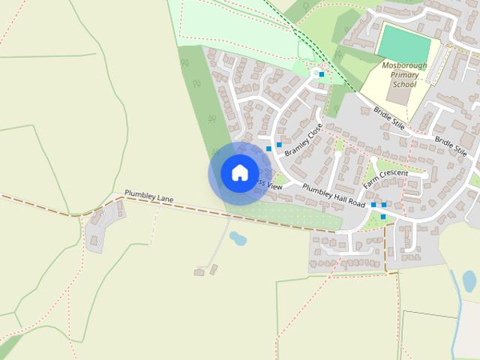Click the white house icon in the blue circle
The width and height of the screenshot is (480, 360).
click(239, 172)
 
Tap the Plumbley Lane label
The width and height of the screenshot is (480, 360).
click(148, 196)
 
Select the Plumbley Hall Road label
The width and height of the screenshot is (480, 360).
click(334, 195)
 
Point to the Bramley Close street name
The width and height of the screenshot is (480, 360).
click(303, 139)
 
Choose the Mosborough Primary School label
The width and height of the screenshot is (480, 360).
click(404, 75)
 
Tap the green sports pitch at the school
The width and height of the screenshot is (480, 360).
click(404, 42)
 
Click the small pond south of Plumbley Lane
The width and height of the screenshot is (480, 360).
click(238, 239)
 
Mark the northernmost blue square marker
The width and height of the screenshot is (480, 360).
click(322, 73)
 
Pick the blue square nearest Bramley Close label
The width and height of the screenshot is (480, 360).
click(279, 145)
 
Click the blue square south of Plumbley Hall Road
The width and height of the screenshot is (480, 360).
click(382, 217)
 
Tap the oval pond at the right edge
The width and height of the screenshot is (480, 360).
click(469, 280)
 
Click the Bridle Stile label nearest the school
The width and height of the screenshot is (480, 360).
click(389, 118)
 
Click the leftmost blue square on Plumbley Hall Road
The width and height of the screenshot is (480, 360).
click(373, 204)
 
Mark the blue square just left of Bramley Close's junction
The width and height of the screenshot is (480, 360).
click(268, 148)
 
